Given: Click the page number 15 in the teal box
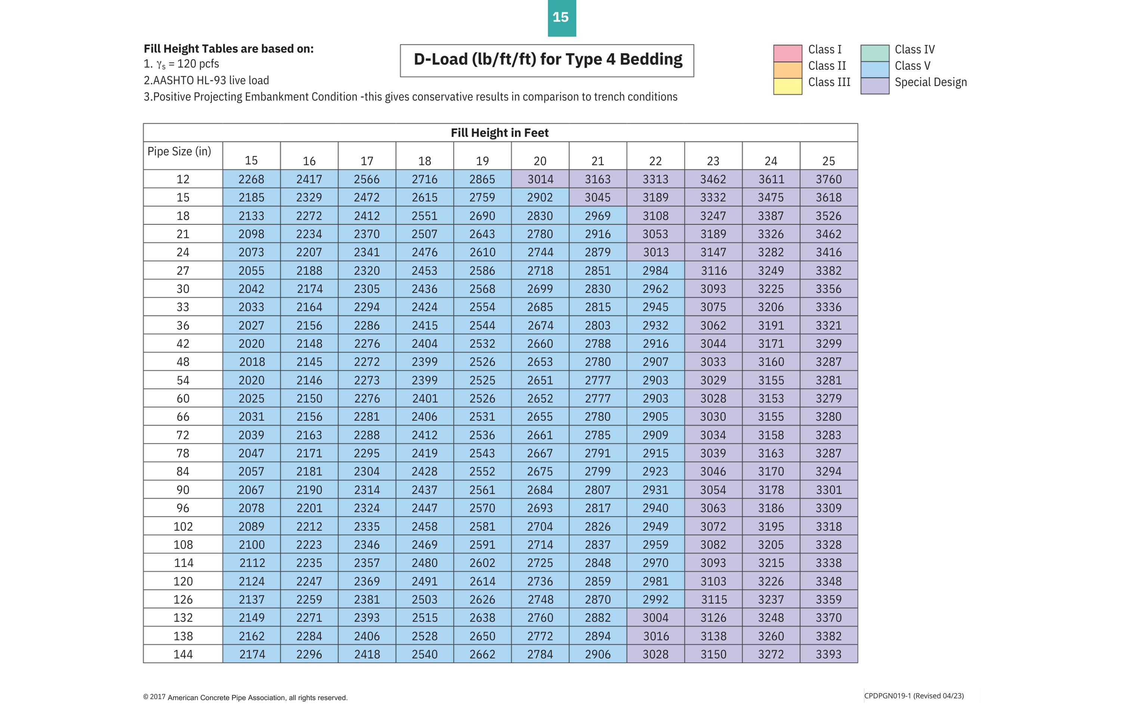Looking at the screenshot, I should [561, 18].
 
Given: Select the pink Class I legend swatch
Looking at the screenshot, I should [788, 53].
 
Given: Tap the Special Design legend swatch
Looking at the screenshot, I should [875, 85].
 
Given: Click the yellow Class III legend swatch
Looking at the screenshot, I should [788, 86].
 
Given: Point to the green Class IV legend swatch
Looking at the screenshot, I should [875, 53].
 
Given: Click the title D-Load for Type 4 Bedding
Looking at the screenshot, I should [547, 60].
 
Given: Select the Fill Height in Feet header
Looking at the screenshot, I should [500, 133].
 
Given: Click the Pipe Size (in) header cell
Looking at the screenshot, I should [179, 152].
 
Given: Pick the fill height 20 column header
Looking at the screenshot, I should [540, 161].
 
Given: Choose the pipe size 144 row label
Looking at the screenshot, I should [183, 654].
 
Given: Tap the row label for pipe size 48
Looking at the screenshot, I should [183, 362].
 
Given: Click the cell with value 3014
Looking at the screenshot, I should [540, 180].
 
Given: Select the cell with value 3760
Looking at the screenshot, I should [828, 180].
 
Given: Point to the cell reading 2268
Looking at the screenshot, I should [251, 180].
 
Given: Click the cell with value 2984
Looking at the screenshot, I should [656, 271].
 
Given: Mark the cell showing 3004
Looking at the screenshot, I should [656, 618].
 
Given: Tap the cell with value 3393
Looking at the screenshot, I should [828, 654].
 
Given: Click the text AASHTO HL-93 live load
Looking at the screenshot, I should [206, 81].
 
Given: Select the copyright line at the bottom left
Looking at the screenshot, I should [245, 698].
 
